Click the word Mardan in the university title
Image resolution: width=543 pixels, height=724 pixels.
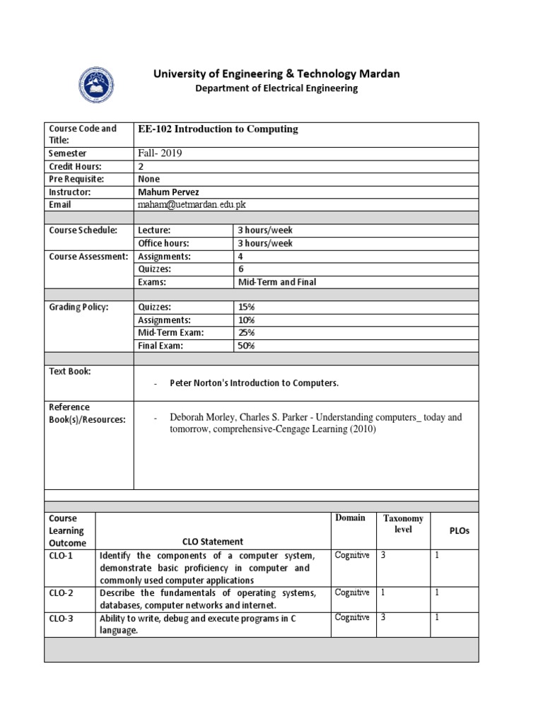tap(378, 74)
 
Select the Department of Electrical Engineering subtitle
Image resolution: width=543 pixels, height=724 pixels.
tap(276, 88)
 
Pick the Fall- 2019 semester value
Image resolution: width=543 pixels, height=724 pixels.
tap(160, 153)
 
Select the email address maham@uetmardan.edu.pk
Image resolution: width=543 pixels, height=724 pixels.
tap(192, 204)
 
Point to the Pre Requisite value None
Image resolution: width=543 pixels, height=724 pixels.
tap(149, 179)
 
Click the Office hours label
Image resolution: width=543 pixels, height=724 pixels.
tap(165, 243)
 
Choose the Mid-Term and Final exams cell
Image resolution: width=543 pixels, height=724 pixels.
tap(277, 282)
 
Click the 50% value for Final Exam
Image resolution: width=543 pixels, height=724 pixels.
tap(246, 346)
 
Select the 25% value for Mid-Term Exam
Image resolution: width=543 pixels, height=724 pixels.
tap(246, 333)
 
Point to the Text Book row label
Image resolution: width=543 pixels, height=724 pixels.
tap(69, 371)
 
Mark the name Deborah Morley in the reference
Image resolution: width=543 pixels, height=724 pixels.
tap(199, 417)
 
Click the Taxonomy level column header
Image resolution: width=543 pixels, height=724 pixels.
tap(403, 524)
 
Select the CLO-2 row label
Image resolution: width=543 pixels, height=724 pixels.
tap(61, 592)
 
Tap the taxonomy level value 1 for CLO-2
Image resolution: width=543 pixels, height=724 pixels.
tap(383, 592)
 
